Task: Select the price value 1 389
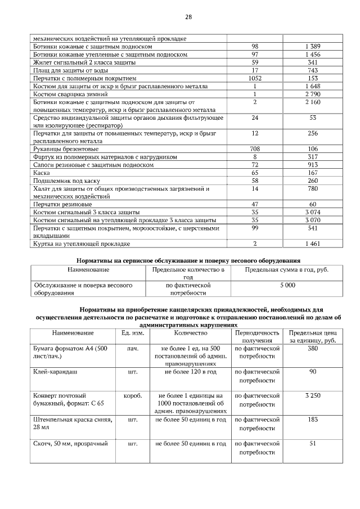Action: coord(313,46)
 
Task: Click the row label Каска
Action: coord(42,173)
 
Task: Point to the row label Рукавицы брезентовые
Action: coord(66,149)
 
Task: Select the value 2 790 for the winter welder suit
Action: coord(313,94)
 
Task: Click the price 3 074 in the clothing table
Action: coord(313,212)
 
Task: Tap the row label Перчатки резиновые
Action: coord(62,204)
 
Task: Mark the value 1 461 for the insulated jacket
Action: coord(313,244)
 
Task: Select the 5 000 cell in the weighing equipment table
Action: coord(287,286)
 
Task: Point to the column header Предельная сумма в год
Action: coord(287,270)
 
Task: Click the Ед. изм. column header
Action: coord(133,333)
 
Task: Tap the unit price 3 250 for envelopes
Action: coord(313,396)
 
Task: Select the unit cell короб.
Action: coord(133,396)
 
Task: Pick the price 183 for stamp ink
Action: coord(313,420)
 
